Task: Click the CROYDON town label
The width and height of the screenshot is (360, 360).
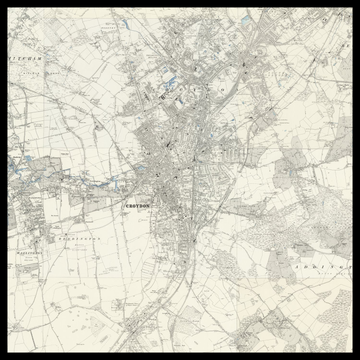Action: point(138,205)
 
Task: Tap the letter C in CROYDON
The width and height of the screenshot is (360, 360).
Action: point(126,205)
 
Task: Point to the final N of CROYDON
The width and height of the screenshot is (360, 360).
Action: point(150,205)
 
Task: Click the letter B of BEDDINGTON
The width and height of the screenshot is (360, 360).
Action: point(58,241)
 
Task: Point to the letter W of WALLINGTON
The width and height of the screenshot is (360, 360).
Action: point(17,253)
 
